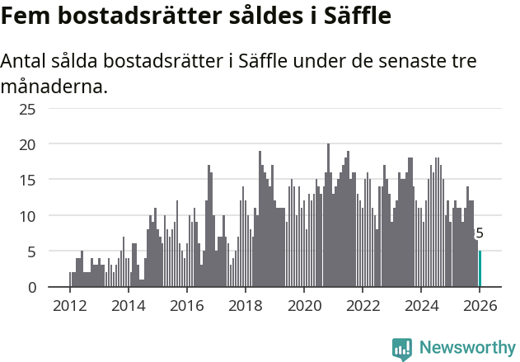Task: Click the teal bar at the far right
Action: [480, 269]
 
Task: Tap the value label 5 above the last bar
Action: [480, 233]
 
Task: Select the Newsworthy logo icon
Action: [402, 348]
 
